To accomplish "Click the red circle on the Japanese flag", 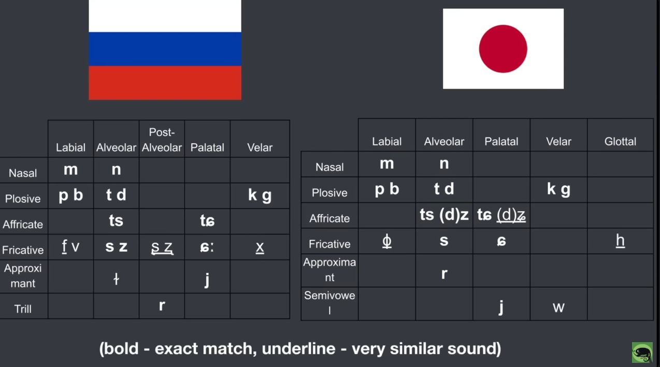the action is (503, 49).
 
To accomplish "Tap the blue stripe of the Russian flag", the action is (165, 49).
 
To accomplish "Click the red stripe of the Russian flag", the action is (165, 83).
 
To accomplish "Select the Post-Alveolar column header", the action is (162, 140).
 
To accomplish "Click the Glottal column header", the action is (620, 141).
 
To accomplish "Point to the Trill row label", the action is (23, 309).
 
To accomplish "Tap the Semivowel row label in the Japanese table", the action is (329, 302).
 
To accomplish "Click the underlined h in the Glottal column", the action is (620, 241).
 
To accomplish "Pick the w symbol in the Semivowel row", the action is (558, 307).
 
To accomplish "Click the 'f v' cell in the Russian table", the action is (70, 246).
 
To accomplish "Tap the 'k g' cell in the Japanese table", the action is (558, 189).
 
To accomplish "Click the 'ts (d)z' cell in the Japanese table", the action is (444, 214).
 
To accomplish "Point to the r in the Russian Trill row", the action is (162, 305).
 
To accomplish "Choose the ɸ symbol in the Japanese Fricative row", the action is (387, 241).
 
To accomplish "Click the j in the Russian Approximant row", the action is (207, 280).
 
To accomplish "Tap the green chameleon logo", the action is (642, 353).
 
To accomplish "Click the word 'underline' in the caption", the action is (298, 349).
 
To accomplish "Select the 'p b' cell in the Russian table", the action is (70, 196).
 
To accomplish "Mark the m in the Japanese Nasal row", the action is (387, 164).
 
